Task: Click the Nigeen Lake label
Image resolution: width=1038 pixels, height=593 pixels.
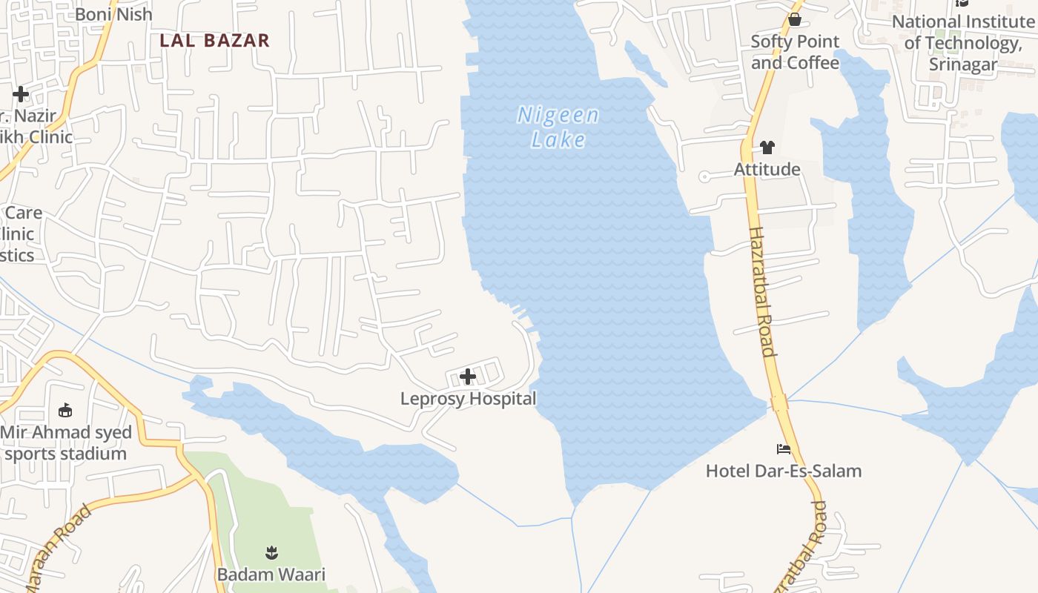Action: click(558, 127)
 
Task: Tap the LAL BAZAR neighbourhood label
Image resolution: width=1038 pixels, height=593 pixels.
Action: click(214, 40)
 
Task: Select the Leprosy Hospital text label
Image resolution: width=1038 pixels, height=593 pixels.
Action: click(468, 399)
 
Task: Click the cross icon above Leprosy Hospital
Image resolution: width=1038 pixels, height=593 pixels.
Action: click(468, 377)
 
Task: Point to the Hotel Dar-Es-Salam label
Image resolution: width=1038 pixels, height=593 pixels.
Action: click(784, 471)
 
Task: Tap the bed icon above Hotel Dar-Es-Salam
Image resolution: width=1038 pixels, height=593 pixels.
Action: click(784, 448)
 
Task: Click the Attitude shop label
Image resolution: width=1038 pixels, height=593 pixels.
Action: click(767, 170)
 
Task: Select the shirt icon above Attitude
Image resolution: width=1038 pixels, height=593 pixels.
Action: click(767, 148)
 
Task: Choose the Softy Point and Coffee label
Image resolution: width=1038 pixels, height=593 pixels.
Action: click(795, 52)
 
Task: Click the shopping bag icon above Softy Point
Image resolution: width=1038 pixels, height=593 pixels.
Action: click(795, 19)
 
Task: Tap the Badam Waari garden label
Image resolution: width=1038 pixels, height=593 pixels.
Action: click(271, 574)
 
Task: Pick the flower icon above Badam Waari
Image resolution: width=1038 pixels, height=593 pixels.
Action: click(271, 552)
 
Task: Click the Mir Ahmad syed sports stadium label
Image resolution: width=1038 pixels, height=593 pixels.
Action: click(66, 443)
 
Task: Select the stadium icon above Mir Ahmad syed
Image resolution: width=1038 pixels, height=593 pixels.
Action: click(65, 410)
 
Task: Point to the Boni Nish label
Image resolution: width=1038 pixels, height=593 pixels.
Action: click(113, 14)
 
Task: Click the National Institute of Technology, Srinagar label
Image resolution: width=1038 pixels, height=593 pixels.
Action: click(963, 43)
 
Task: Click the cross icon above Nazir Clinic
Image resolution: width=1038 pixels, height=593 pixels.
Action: click(21, 94)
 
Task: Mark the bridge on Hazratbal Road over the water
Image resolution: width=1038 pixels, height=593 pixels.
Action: click(778, 402)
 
